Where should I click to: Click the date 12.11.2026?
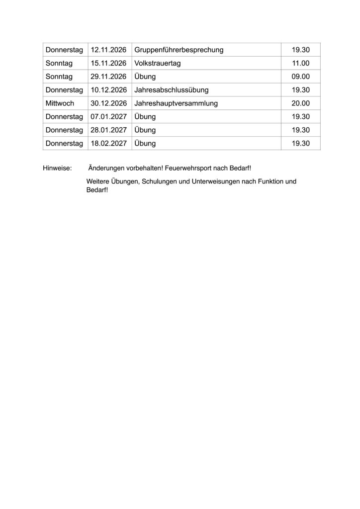[x=108, y=50]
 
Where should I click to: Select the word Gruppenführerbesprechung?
[x=179, y=50]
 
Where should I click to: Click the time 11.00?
[x=301, y=64]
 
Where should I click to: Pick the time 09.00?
[x=301, y=77]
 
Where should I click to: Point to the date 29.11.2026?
[x=108, y=77]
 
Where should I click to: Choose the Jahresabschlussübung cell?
[x=172, y=90]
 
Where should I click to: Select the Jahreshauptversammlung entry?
[x=176, y=103]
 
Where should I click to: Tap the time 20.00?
[x=301, y=103]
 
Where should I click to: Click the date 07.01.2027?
[x=108, y=117]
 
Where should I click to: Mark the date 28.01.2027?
[x=108, y=130]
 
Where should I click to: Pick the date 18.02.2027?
[x=108, y=144]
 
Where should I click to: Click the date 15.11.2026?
[x=108, y=64]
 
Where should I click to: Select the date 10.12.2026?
[x=108, y=90]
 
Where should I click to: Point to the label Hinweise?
[x=58, y=169]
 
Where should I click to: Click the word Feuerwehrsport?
[x=190, y=169]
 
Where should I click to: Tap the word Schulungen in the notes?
[x=158, y=181]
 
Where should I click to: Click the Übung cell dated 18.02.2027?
[x=145, y=144]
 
